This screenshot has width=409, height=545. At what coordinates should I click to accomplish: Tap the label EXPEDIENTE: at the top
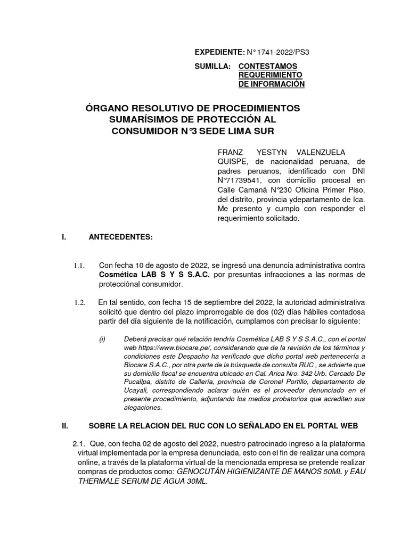pos(218,52)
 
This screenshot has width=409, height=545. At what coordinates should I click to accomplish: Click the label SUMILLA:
pos(212,67)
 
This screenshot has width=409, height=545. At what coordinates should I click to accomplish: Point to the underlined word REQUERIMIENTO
pos(270,75)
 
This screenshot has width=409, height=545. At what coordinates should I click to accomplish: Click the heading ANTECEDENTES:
pos(120,237)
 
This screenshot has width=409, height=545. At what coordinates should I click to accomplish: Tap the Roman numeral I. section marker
pos(64,237)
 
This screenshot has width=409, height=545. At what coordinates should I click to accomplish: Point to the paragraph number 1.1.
pos(80,265)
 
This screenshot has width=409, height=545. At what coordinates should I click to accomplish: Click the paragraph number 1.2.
pos(80,303)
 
